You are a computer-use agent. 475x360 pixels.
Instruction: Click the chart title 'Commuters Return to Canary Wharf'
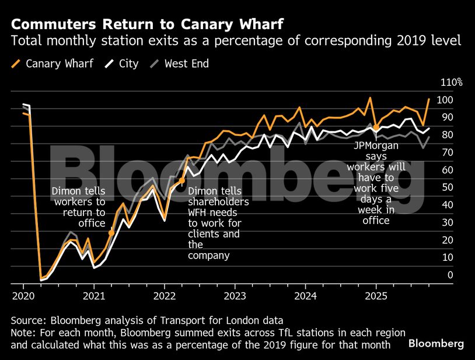[x=146, y=25]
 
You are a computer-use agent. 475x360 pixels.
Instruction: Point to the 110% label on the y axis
[x=450, y=83]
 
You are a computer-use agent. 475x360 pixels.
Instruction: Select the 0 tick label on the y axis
[x=450, y=275]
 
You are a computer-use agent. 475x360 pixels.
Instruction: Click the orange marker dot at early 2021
[x=111, y=233]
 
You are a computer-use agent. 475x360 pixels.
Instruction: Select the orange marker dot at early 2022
[x=182, y=181]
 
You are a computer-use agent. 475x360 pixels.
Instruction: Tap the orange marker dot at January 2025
[x=376, y=127]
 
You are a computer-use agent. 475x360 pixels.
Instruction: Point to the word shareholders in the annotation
[x=218, y=202]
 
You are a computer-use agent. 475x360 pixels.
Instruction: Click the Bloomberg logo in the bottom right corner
[x=436, y=343]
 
